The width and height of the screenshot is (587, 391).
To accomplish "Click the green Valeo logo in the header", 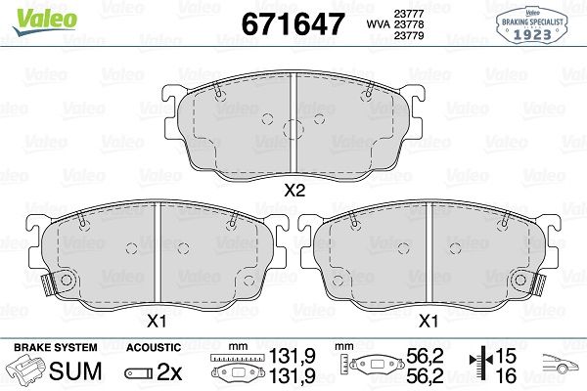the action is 45,22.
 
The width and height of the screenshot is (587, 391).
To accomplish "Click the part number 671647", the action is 293,24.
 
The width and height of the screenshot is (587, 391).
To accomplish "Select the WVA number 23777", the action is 409,14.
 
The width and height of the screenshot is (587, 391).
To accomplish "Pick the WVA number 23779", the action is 409,35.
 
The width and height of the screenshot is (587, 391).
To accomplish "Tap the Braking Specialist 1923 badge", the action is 532,25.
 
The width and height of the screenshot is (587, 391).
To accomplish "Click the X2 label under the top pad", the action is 295,191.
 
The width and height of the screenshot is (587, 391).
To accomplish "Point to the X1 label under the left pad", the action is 157,321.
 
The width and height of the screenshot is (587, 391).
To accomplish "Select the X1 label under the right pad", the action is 428,321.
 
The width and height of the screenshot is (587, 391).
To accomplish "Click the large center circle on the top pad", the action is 293,130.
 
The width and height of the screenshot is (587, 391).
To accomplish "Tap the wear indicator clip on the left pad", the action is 48,284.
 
